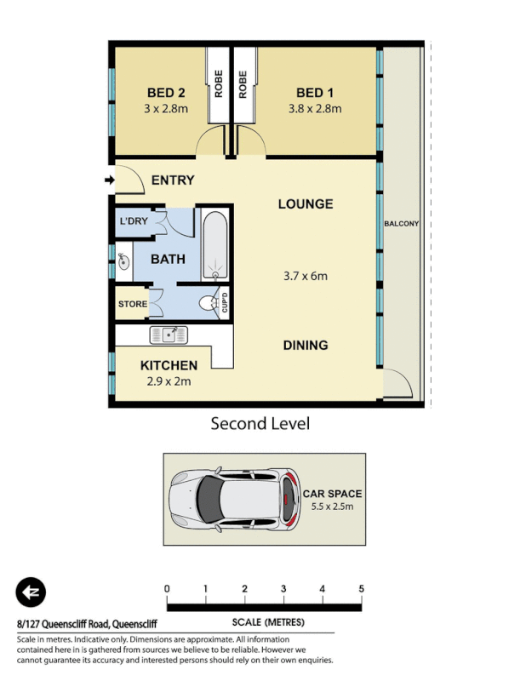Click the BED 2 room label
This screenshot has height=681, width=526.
[166, 93]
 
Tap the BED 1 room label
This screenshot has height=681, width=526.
[315, 93]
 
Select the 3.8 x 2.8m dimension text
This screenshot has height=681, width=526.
[315, 108]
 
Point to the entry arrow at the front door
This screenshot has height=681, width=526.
[109, 180]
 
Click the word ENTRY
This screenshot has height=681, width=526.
[172, 180]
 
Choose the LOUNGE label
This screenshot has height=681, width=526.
[305, 204]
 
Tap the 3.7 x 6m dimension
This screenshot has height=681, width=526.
[306, 275]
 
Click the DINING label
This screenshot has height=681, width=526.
[306, 345]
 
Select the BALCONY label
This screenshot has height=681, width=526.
[402, 224]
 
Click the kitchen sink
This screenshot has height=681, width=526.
[169, 335]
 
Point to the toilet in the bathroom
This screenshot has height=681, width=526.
[208, 304]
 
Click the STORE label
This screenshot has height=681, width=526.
[133, 304]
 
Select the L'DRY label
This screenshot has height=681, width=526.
[134, 221]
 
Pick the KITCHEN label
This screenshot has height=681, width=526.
[169, 365]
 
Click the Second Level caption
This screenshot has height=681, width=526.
[260, 423]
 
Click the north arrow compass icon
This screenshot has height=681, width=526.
[31, 592]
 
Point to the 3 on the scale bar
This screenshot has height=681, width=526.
[283, 589]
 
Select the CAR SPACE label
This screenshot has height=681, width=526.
[332, 494]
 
